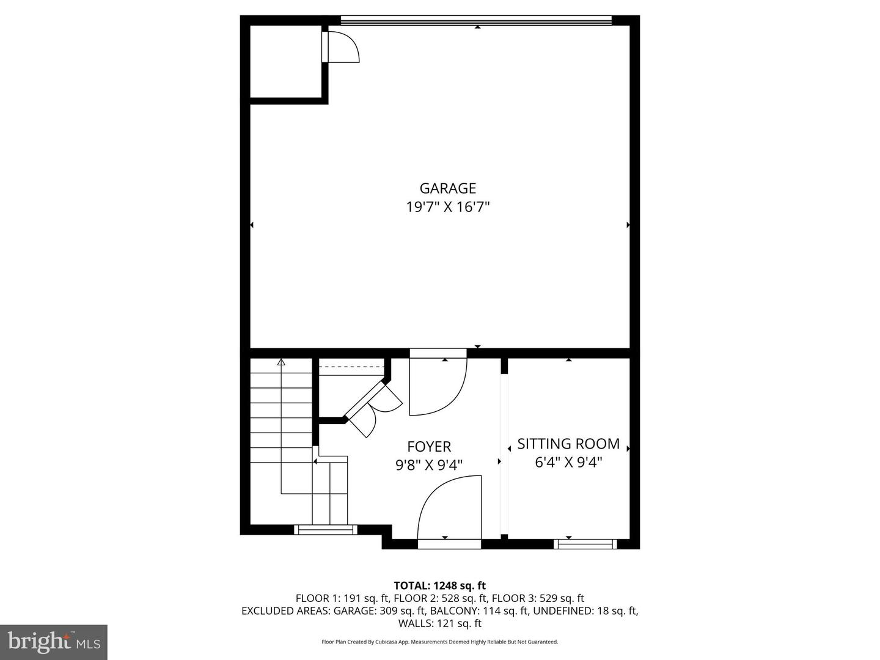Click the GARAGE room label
point(448,188)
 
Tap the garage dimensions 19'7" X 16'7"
point(448,207)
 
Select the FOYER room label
point(429,446)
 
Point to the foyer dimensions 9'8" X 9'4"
point(429,465)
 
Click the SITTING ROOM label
point(568,444)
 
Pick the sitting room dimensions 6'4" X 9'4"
point(568,463)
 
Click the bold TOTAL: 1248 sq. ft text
point(440,585)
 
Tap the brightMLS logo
point(54,642)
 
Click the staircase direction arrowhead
point(281,362)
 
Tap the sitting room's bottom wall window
point(585,544)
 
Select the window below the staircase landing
point(326,529)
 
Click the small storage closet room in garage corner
point(286,61)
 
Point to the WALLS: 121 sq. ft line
point(440,623)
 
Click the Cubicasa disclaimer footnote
point(440,642)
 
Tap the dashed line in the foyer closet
point(351,366)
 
